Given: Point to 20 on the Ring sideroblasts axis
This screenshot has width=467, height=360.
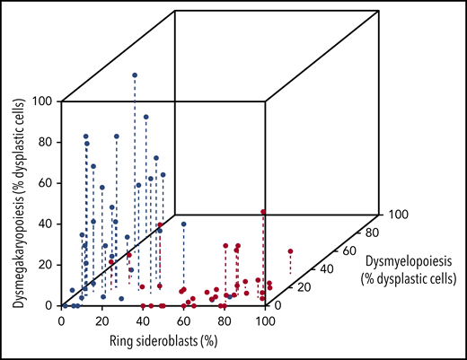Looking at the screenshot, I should coord(102,320).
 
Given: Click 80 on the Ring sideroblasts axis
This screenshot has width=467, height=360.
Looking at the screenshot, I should coord(225,320).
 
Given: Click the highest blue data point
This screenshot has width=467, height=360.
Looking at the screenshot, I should coord(135,75).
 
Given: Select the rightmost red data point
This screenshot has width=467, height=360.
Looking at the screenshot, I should coord(291,251).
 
